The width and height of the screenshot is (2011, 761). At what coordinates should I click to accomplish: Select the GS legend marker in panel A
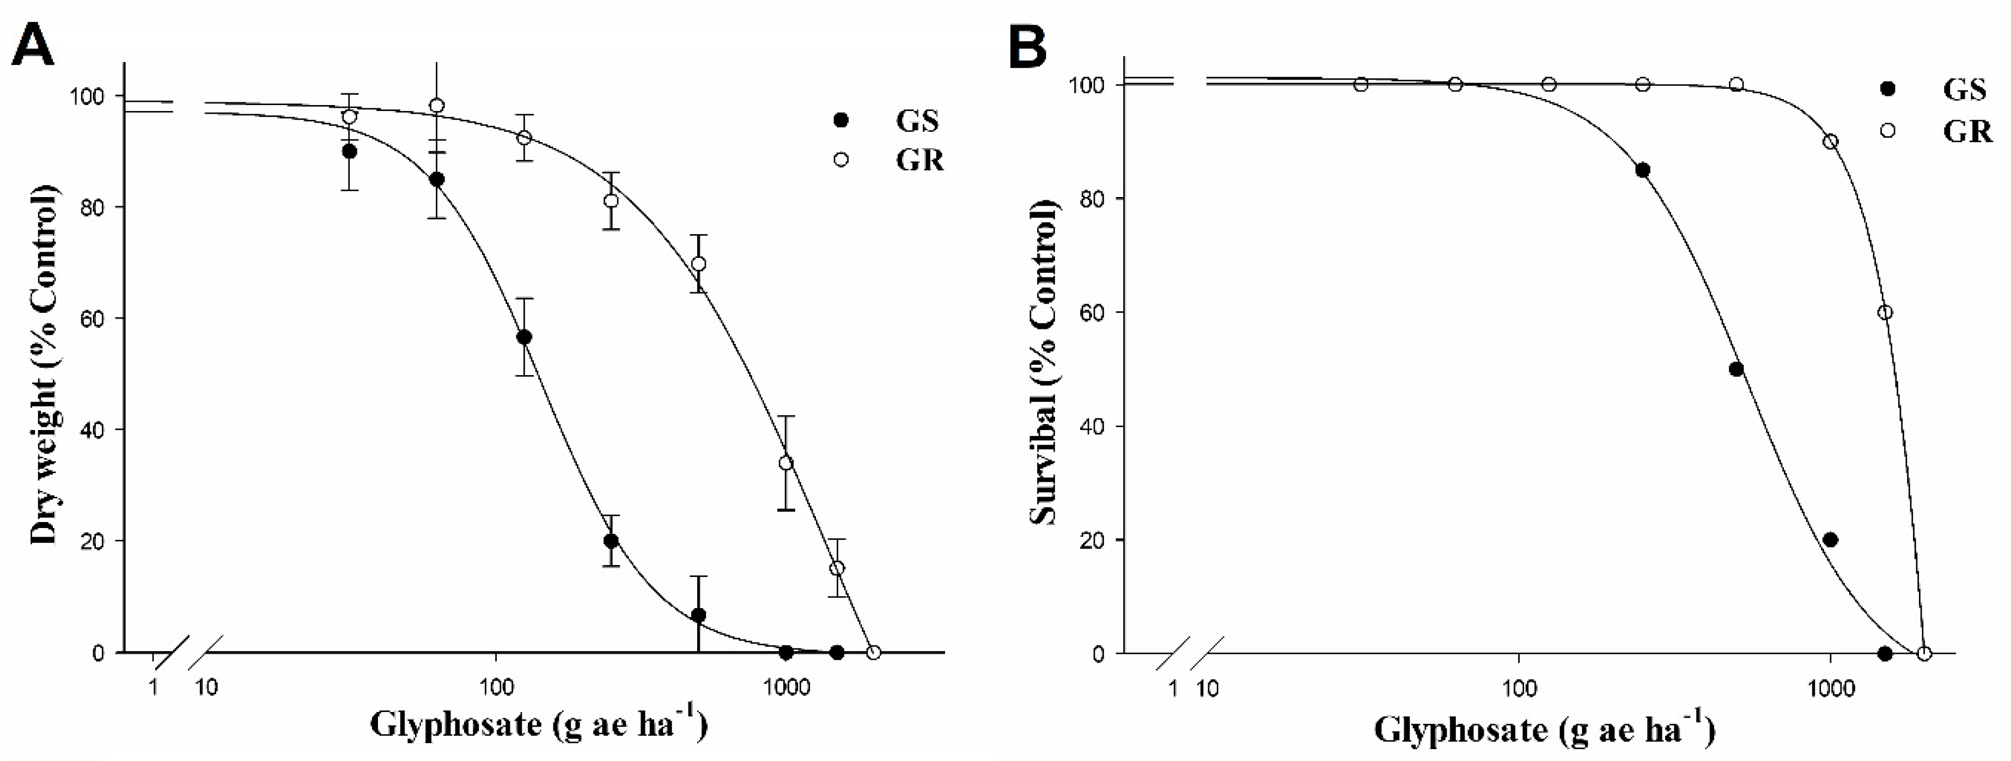(841, 121)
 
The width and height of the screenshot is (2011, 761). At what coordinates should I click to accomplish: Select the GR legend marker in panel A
(841, 159)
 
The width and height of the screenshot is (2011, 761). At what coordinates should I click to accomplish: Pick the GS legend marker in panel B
(1888, 90)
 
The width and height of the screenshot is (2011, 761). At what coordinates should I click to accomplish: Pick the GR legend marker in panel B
(1888, 130)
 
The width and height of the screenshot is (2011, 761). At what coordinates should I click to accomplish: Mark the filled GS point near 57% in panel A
(525, 337)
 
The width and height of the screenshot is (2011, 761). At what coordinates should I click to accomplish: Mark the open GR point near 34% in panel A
(785, 463)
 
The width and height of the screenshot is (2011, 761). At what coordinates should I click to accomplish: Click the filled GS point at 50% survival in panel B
(1736, 369)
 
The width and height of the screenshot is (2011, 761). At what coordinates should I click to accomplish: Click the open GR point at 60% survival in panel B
(1885, 312)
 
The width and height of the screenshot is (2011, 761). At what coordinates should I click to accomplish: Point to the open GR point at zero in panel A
(874, 652)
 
